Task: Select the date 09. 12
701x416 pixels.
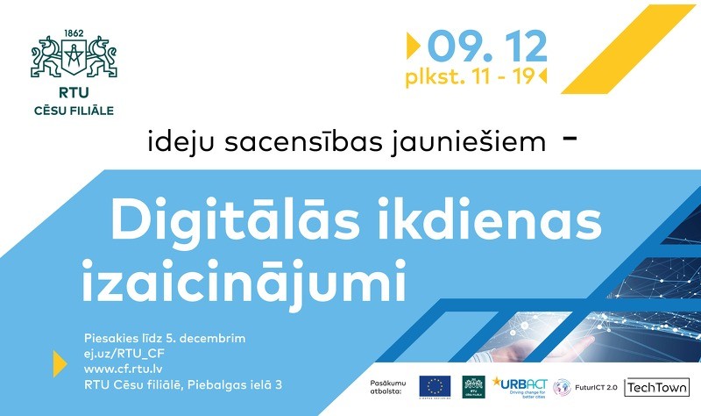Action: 487,44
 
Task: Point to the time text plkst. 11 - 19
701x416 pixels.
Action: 470,76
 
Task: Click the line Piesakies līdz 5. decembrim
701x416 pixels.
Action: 165,338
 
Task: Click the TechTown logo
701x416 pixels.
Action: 656,387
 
